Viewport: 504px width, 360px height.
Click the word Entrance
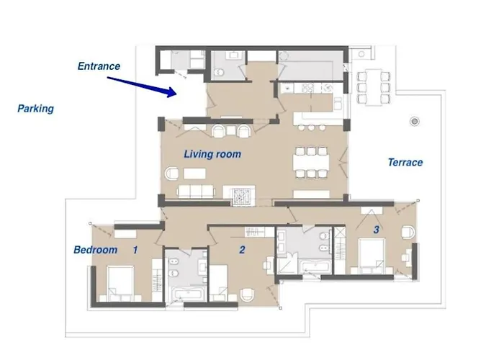pos(99,66)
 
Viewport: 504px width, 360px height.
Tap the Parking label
pos(36,109)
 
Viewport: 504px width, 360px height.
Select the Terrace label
pos(405,162)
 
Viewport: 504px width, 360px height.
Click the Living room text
pos(212,154)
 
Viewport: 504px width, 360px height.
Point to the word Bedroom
pos(96,250)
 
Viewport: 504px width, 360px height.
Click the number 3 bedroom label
pos(377,230)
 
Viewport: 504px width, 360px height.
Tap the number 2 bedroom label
pos(242,250)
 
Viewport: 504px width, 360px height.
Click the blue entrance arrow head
pos(172,91)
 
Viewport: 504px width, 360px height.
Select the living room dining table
pos(311,162)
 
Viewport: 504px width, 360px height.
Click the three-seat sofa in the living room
pos(196,192)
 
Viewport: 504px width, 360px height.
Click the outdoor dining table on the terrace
pos(374,87)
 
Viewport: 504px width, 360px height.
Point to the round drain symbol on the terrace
pos(415,121)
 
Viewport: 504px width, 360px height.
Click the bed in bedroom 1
pos(120,284)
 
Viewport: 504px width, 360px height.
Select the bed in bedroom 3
pos(372,256)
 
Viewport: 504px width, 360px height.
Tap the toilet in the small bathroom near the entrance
pos(220,72)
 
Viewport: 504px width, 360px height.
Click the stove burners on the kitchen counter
pos(309,88)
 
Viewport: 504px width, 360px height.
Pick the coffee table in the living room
pos(194,174)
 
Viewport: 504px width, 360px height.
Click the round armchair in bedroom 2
pos(246,294)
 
